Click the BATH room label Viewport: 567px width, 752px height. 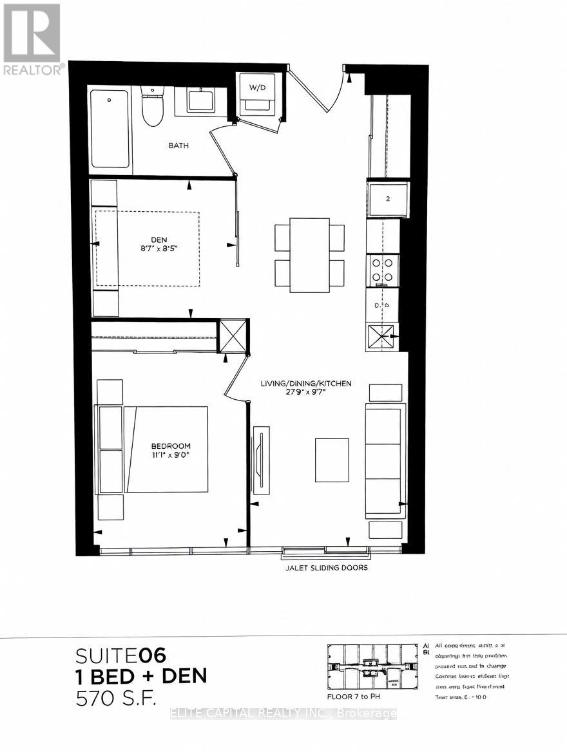pyautogui.click(x=178, y=146)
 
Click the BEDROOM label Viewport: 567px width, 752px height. pyautogui.click(x=171, y=446)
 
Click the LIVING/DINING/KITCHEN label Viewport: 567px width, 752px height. pyautogui.click(x=306, y=384)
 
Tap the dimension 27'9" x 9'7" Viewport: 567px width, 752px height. pyautogui.click(x=306, y=393)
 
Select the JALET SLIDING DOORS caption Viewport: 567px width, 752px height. pyautogui.click(x=327, y=568)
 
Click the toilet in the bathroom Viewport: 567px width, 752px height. pyautogui.click(x=153, y=109)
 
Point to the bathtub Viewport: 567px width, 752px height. pyautogui.click(x=110, y=128)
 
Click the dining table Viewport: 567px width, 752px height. pyautogui.click(x=309, y=255)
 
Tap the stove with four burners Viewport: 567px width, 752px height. pyautogui.click(x=383, y=270)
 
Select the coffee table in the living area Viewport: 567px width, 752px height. pyautogui.click(x=332, y=460)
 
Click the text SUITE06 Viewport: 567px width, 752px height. pyautogui.click(x=120, y=655)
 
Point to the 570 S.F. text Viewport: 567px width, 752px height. pyautogui.click(x=116, y=697)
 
